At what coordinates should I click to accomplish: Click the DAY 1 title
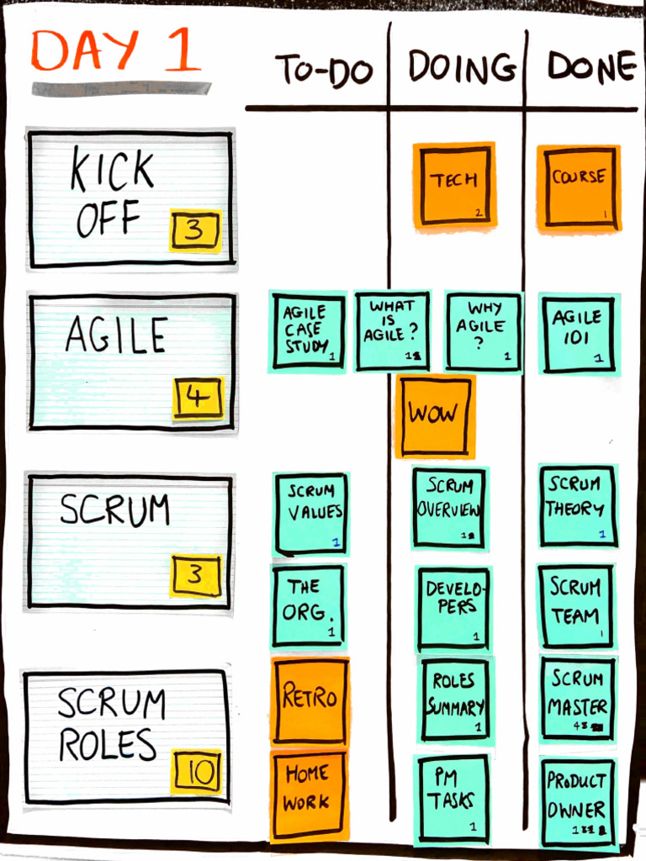(117, 51)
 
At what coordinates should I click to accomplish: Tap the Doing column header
(462, 67)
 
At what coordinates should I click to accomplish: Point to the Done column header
(591, 67)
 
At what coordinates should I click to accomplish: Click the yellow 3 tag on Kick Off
(195, 230)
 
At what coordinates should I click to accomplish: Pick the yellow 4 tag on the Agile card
(199, 398)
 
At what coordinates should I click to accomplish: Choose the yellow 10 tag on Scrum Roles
(197, 771)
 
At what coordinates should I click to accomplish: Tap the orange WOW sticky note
(435, 415)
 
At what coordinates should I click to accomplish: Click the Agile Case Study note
(308, 331)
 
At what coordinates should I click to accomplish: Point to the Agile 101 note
(579, 333)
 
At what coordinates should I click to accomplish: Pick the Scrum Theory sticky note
(578, 506)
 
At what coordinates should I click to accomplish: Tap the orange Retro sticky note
(310, 700)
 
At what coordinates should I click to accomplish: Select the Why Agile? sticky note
(484, 330)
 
